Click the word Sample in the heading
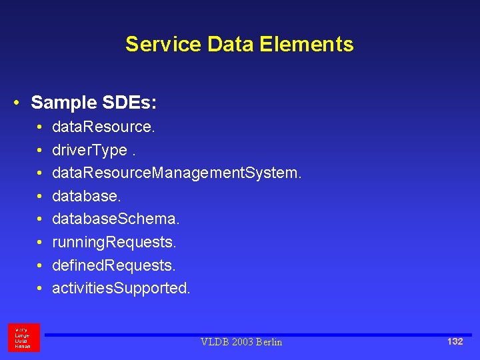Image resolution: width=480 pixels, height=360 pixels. (63, 103)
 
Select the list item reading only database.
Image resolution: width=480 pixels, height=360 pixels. (87, 196)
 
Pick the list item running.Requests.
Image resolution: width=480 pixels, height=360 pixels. (114, 242)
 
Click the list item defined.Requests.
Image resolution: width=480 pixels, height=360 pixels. (113, 265)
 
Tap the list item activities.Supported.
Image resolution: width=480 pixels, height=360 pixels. (121, 289)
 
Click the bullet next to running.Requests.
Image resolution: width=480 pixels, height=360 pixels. (40, 242)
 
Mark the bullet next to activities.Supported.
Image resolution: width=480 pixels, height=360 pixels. (40, 289)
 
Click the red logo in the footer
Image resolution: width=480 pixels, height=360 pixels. (23, 337)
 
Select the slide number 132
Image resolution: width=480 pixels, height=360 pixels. (455, 341)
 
